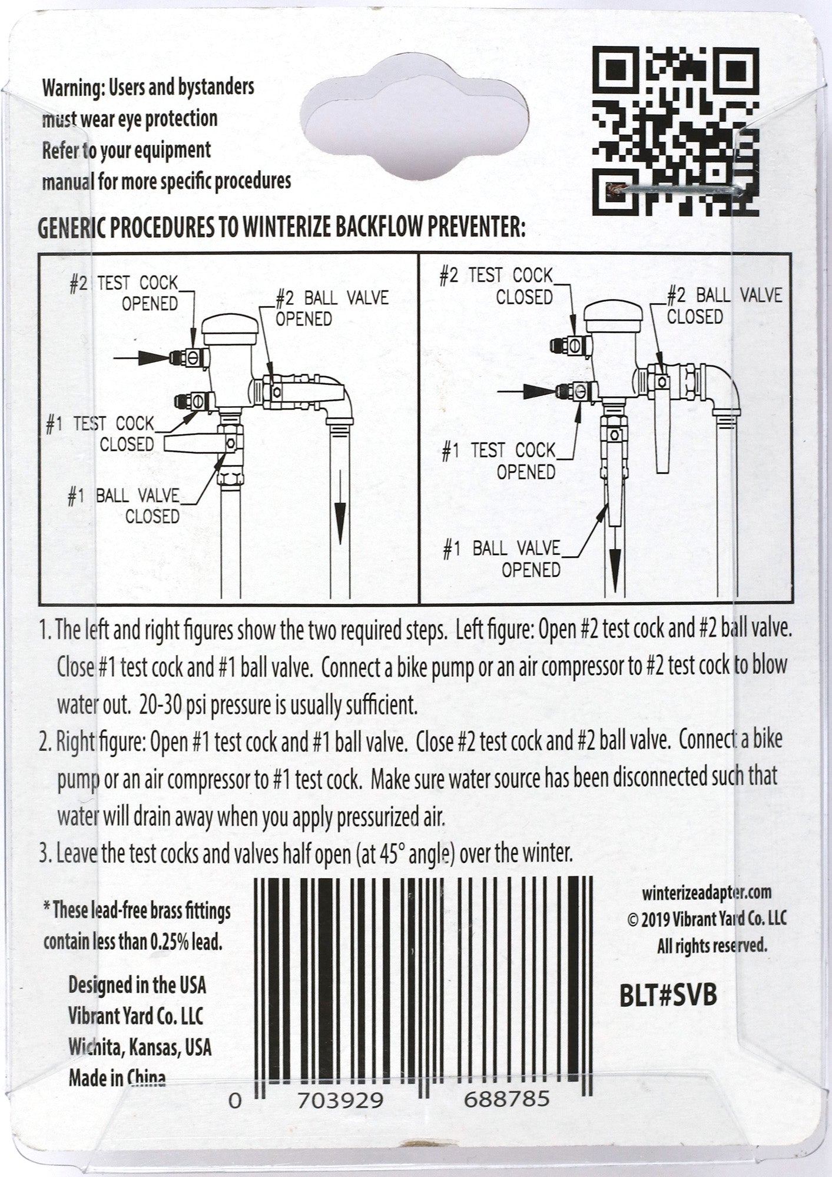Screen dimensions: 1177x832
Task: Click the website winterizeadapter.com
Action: (707, 892)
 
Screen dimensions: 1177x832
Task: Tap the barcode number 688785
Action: (507, 1099)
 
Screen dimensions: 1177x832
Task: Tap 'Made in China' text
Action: (117, 1078)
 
